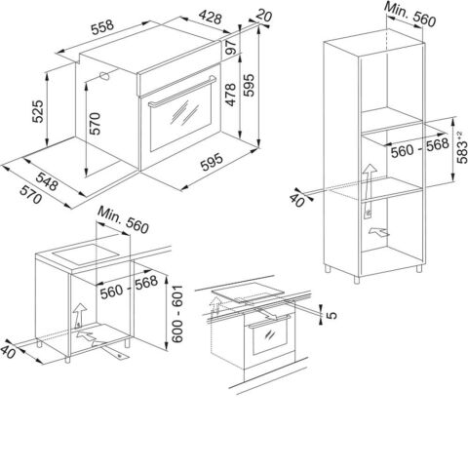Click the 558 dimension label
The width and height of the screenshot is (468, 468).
coord(102,27)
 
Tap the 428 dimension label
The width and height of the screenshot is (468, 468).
coord(211,17)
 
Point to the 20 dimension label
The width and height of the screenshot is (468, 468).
coord(264,15)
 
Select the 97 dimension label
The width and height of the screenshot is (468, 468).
coord(231,47)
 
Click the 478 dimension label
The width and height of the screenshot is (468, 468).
coord(231,95)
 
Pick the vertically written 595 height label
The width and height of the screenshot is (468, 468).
coord(250,85)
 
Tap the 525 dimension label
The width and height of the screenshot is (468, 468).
coord(37,111)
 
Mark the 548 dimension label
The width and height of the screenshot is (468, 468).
coord(47,181)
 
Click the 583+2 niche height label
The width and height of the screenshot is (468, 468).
coord(462,147)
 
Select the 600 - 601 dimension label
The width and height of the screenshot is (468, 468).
coord(177,314)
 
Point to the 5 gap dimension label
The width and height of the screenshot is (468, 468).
coord(331,315)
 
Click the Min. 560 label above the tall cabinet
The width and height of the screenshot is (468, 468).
coord(409,14)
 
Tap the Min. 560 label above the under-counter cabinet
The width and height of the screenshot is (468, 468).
coord(123,219)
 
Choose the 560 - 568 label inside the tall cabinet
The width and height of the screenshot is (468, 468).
coord(420,147)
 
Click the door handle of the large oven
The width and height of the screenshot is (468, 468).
coord(182,92)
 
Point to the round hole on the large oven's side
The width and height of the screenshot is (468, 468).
coord(104,76)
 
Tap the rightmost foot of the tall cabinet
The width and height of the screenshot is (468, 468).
coord(419,268)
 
